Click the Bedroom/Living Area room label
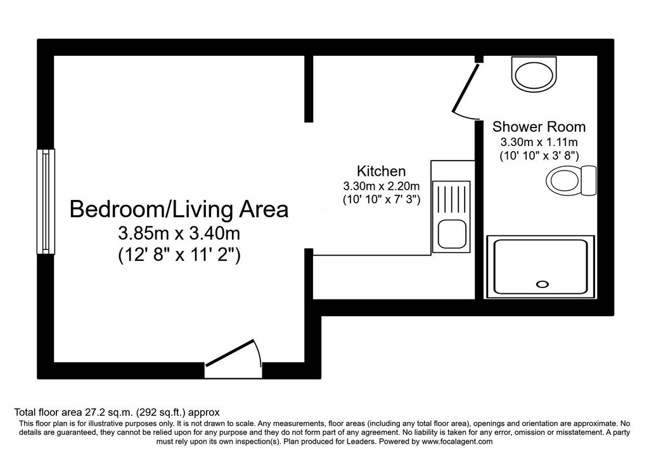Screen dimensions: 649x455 pos(179,209)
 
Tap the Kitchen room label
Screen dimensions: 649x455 pos(381,171)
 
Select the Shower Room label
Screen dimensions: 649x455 pos(539,126)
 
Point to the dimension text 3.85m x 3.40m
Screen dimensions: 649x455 pos(179,234)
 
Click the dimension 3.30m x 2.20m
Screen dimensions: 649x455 pos(381,186)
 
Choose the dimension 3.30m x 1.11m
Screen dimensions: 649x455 pos(539,142)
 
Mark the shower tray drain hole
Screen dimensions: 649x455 pos(543,284)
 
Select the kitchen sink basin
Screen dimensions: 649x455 pos(452,235)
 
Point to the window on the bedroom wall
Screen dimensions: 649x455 pos(46,201)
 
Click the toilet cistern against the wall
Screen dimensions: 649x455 pos(589,181)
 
